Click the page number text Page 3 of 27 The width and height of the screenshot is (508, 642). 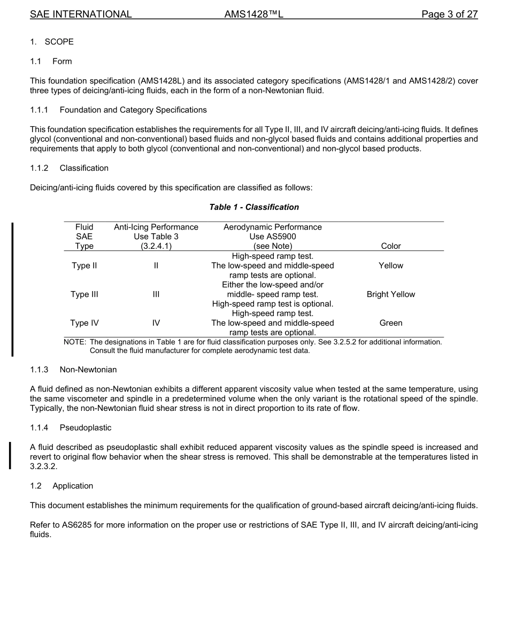(449, 14)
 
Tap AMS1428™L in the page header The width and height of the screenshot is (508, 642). (253, 14)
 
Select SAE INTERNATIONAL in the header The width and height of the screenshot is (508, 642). (81, 14)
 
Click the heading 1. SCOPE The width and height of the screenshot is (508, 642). (52, 42)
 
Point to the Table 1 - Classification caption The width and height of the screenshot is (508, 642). (254, 207)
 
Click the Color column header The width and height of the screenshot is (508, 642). (391, 246)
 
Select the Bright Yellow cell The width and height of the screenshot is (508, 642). (391, 294)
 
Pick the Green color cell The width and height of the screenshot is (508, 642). (391, 323)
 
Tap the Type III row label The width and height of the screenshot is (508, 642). (84, 294)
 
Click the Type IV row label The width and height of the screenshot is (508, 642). (84, 323)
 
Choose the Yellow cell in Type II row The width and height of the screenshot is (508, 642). (391, 265)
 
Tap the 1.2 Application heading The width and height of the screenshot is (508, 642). (62, 486)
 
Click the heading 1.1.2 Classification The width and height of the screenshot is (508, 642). (70, 168)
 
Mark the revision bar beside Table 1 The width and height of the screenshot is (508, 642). (12, 289)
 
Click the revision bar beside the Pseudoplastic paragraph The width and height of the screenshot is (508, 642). (10, 455)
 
